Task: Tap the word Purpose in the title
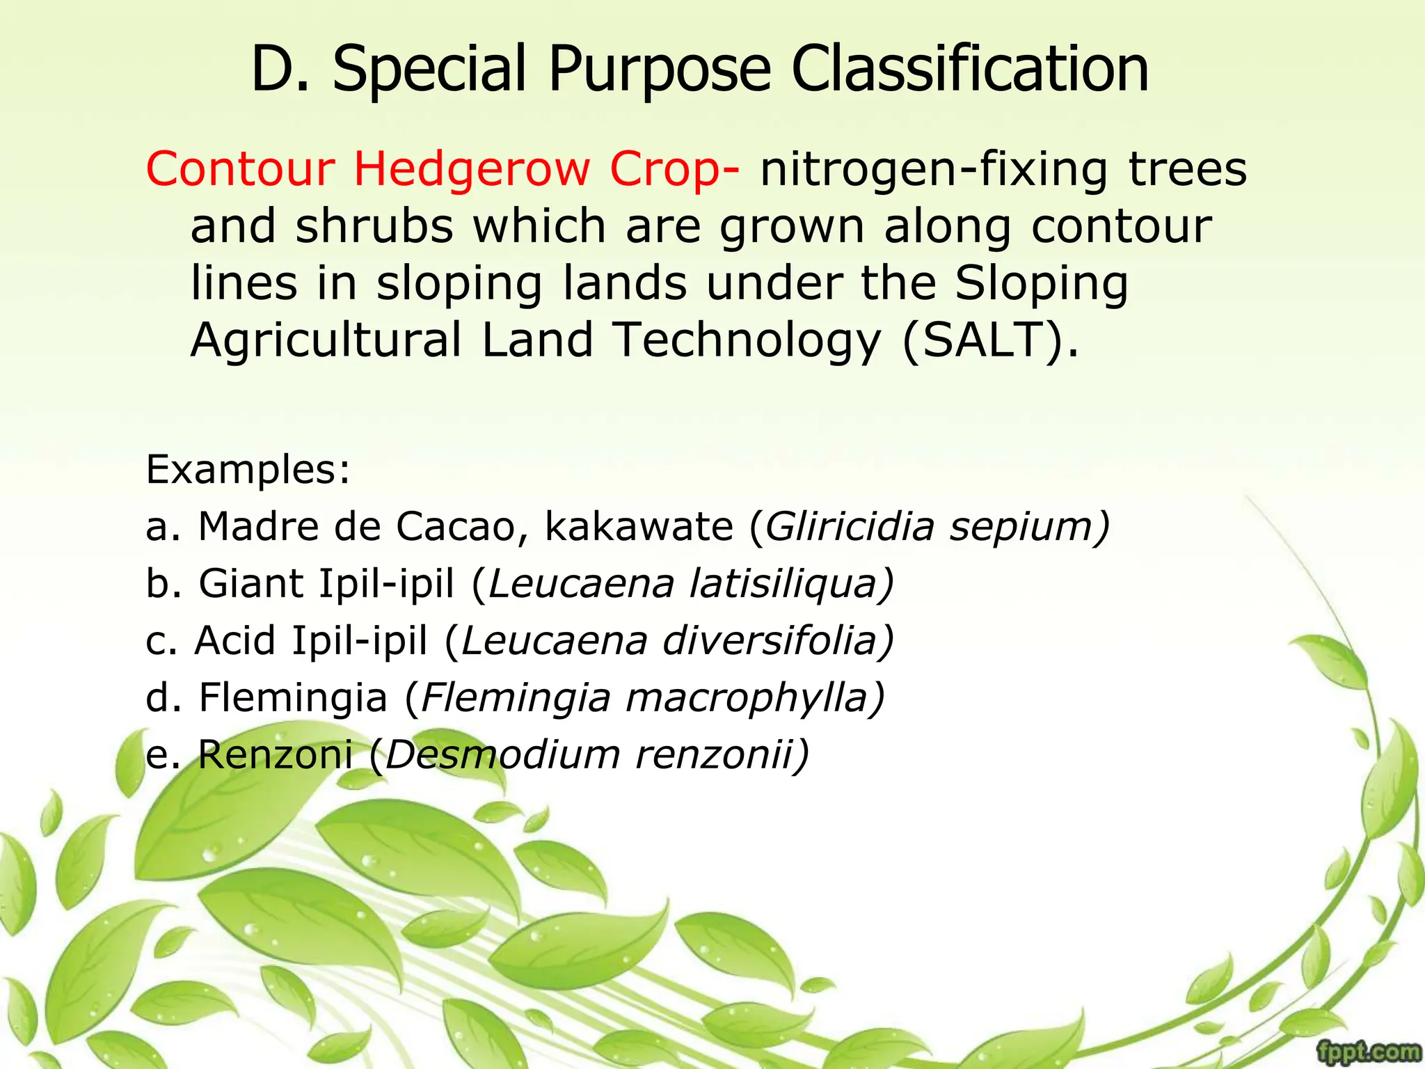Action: pyautogui.click(x=660, y=70)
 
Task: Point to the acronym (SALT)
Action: pyautogui.click(x=990, y=340)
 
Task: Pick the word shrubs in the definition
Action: pyautogui.click(x=374, y=226)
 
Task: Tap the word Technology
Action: pyautogui.click(x=747, y=340)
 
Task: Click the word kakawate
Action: pyautogui.click(x=638, y=526)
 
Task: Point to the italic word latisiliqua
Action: pyautogui.click(x=790, y=583)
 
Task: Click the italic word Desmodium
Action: pyautogui.click(x=501, y=754)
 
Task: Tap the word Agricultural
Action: pyautogui.click(x=326, y=340)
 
